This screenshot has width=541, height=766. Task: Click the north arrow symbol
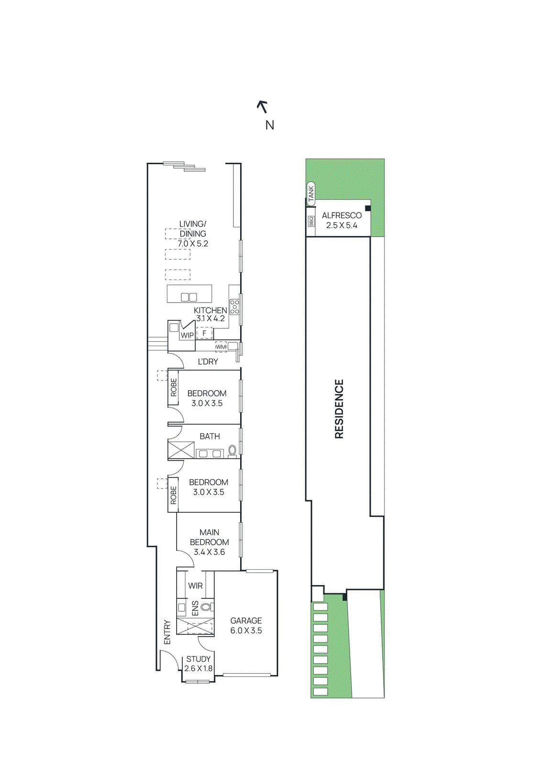[x=262, y=107]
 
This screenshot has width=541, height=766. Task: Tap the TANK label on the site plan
[x=311, y=193]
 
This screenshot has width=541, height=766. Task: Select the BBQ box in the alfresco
[x=311, y=221]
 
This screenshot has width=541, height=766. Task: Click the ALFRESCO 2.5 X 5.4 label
[x=342, y=220]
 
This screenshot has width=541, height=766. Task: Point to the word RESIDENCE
[x=339, y=409]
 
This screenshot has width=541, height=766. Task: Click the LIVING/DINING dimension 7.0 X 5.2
[x=193, y=244]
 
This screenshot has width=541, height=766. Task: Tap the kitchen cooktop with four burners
[x=234, y=306]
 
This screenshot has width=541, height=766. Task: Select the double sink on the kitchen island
[x=189, y=297]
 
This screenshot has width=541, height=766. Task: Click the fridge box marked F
[x=204, y=333]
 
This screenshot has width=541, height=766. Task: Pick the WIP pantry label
[x=187, y=335]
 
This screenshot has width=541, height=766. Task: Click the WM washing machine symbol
[x=221, y=347]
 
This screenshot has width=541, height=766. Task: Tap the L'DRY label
[x=208, y=361]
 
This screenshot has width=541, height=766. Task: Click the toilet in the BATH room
[x=232, y=451]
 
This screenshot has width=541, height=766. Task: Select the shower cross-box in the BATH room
[x=181, y=451]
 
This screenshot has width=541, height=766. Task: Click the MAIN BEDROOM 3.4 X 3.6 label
[x=209, y=542]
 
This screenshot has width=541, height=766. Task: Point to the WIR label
[x=195, y=586]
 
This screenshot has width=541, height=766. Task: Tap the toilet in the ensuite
[x=206, y=607]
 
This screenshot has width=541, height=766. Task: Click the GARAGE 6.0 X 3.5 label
[x=246, y=625]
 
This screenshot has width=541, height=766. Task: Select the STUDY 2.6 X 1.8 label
[x=198, y=664]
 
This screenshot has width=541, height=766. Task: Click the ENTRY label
[x=167, y=632]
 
